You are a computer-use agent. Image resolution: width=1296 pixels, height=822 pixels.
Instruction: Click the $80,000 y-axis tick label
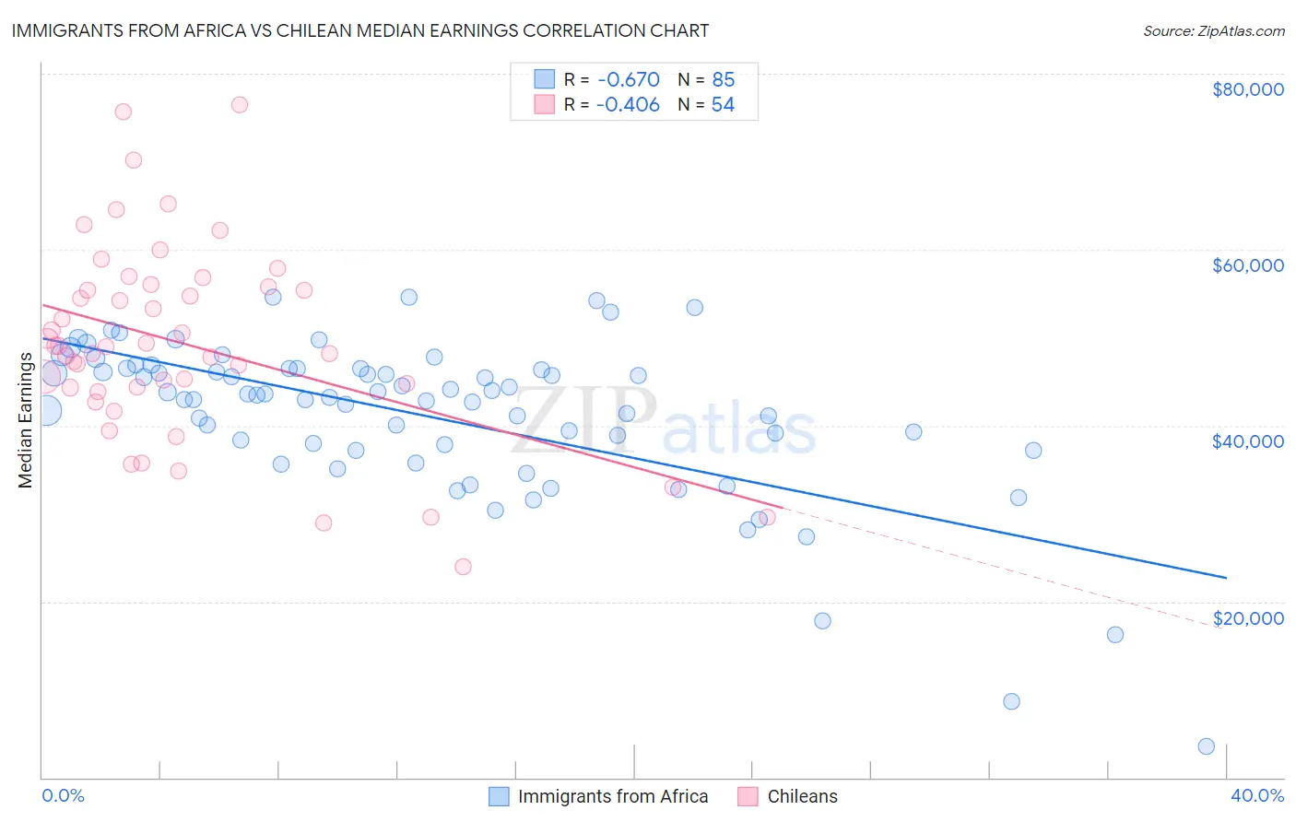tap(1247, 89)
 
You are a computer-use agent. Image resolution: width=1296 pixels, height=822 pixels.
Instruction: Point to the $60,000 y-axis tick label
tap(1247, 265)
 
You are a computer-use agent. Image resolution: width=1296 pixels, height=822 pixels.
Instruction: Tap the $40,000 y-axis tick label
tap(1247, 441)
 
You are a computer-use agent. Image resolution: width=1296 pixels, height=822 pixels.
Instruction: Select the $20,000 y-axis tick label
tap(1247, 617)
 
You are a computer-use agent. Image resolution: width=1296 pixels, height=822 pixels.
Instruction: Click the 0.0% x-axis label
tap(63, 795)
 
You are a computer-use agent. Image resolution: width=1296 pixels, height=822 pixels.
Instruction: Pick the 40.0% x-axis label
tap(1256, 795)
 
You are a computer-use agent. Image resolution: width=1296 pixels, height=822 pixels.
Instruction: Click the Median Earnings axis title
tap(25, 420)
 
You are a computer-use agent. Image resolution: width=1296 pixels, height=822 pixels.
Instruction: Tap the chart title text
tap(360, 30)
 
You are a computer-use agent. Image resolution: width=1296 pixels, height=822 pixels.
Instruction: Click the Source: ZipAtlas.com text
tap(1213, 31)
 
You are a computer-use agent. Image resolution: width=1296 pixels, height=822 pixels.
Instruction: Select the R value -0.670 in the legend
tap(628, 79)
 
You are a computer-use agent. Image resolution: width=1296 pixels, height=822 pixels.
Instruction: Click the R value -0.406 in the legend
tap(628, 105)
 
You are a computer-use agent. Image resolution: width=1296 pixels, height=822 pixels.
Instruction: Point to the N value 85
tap(723, 79)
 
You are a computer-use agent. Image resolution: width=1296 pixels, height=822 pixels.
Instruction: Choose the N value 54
tap(723, 105)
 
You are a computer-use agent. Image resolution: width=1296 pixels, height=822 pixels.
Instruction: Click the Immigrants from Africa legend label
tap(612, 796)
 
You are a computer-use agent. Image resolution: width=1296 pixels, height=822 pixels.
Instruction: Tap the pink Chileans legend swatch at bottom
tap(748, 796)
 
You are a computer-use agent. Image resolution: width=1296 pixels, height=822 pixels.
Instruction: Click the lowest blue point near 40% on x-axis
tap(1206, 746)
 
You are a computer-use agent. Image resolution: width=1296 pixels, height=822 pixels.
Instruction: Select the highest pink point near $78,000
tap(239, 104)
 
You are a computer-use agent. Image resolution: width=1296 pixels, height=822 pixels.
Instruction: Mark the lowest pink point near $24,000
tap(463, 567)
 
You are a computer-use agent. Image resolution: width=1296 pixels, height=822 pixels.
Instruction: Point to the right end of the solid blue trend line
tap(1226, 578)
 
